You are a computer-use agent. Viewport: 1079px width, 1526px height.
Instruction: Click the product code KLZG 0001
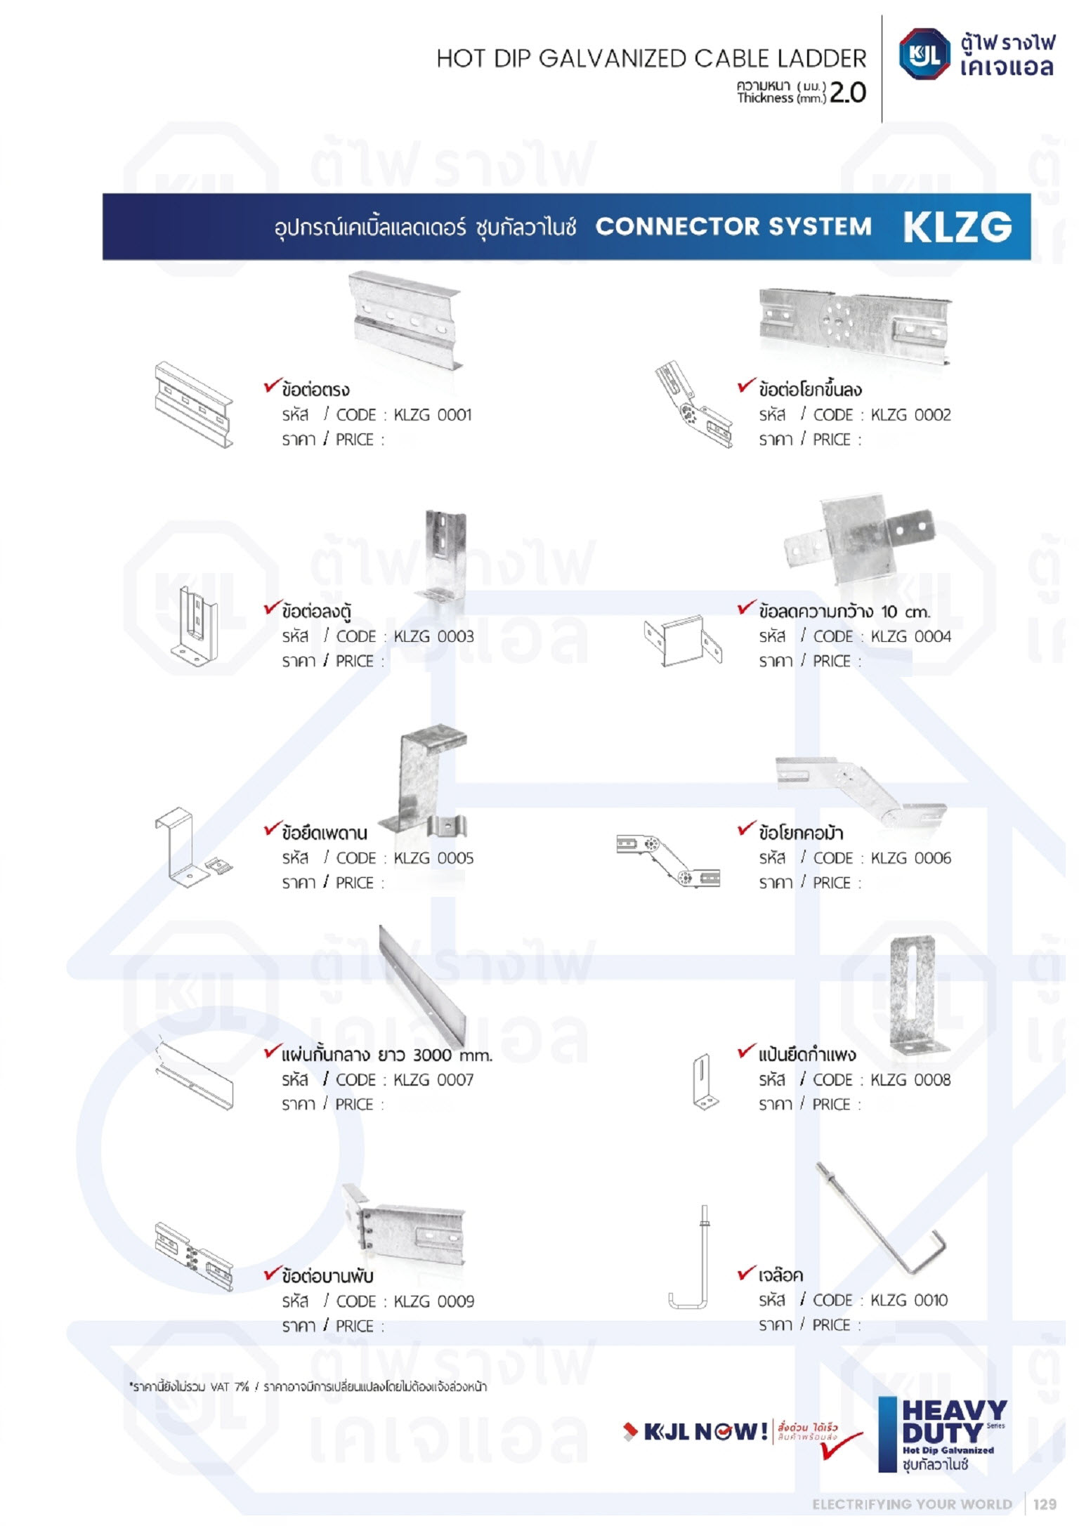(x=433, y=415)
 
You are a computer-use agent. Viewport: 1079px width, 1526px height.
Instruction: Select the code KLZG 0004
(x=910, y=637)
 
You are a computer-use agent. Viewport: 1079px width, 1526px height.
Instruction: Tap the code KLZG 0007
(x=433, y=1080)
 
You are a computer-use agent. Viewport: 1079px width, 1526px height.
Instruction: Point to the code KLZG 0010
(x=909, y=1301)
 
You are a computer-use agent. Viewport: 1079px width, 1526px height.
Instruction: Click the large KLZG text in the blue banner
(x=957, y=227)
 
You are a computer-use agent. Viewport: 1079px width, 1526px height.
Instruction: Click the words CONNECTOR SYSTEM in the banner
(x=733, y=227)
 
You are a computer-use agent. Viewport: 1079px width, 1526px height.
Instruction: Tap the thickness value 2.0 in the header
(x=848, y=92)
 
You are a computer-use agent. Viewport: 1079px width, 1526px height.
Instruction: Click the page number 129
(x=1045, y=1504)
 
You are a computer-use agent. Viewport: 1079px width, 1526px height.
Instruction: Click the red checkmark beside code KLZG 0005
(x=272, y=829)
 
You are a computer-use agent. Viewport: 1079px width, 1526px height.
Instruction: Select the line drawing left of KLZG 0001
(x=193, y=405)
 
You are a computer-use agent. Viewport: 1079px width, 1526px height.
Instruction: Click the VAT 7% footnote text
(x=308, y=1387)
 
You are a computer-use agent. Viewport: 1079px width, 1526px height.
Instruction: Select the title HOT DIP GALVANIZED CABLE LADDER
(x=651, y=59)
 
